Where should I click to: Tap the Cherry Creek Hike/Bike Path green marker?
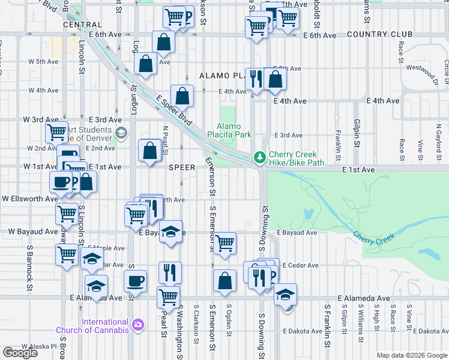(x=259, y=158)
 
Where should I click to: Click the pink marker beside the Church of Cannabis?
(x=139, y=325)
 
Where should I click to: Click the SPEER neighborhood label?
(x=182, y=167)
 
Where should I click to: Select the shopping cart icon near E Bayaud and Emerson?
(x=224, y=243)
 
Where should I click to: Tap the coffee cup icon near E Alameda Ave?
(x=135, y=280)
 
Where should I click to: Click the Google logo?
(x=20, y=353)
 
